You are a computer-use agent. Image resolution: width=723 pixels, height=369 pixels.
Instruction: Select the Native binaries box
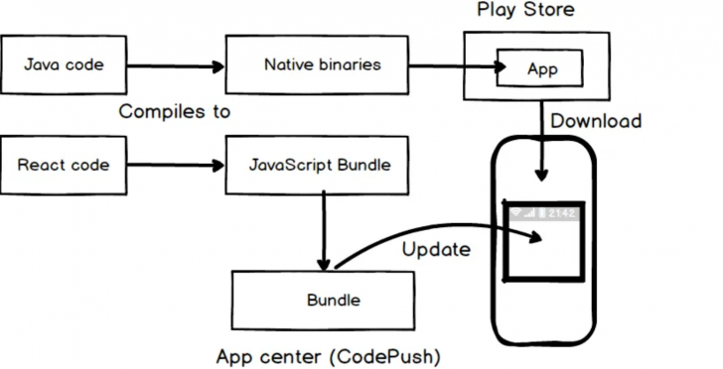(x=316, y=66)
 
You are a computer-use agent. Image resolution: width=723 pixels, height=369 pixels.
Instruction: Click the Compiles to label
(x=175, y=112)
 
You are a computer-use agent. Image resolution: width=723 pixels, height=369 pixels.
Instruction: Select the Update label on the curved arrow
(x=435, y=249)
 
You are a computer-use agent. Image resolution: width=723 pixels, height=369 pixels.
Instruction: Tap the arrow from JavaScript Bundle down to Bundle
(x=322, y=230)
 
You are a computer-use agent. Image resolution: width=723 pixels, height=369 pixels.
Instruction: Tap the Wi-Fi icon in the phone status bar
(x=516, y=213)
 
